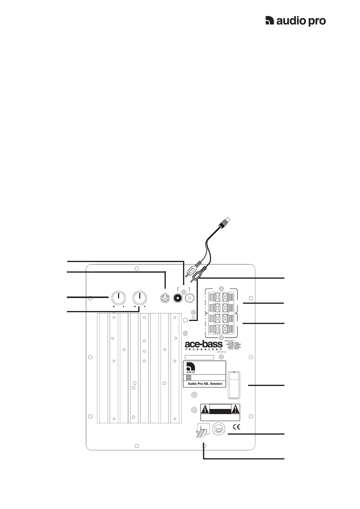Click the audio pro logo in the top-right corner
[295, 21]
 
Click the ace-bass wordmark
[204, 344]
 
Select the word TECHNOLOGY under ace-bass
[204, 349]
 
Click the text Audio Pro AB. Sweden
[205, 384]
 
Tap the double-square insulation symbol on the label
[188, 378]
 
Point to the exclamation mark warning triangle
[235, 410]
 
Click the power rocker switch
[234, 384]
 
